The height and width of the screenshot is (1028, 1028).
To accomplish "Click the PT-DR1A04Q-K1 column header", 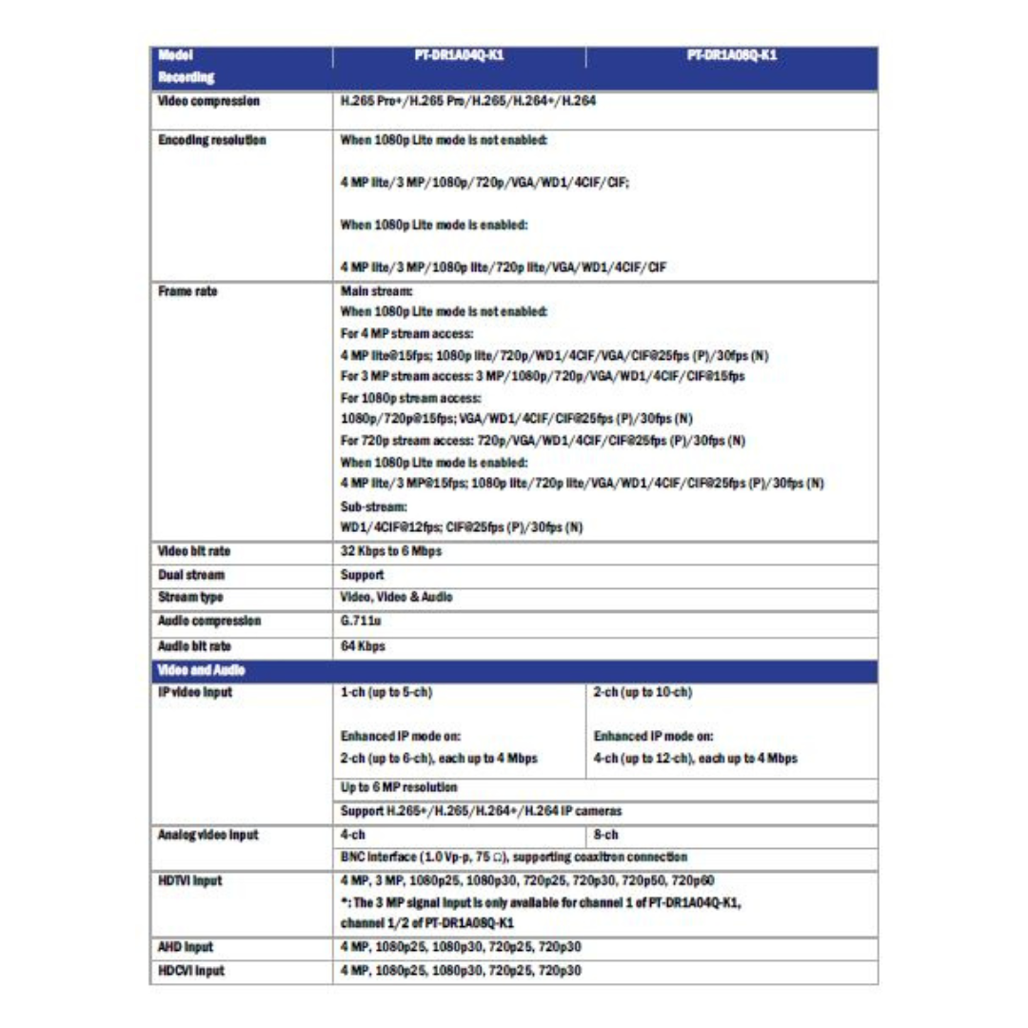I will click(459, 56).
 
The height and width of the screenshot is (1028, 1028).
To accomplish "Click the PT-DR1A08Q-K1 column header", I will click(732, 56).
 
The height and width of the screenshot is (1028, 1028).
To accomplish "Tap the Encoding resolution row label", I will click(211, 141).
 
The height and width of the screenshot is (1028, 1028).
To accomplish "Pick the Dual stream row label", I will click(191, 575).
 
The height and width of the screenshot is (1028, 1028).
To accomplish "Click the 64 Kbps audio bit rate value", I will click(362, 645).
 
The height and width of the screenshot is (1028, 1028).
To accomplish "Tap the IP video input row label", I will click(195, 692).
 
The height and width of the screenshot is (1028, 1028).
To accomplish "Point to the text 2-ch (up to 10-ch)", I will click(642, 692).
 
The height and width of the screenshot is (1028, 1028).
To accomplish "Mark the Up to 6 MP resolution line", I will click(399, 787).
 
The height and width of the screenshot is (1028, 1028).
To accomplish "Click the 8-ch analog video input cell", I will click(605, 835).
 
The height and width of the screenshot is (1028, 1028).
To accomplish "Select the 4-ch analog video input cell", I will click(353, 835).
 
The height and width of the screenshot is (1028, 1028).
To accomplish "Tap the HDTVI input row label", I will click(190, 880).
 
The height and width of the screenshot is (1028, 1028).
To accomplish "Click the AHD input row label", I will click(185, 947).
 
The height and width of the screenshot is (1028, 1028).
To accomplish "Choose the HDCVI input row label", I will click(190, 970).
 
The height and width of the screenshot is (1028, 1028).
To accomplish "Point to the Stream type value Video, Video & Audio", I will click(396, 598).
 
